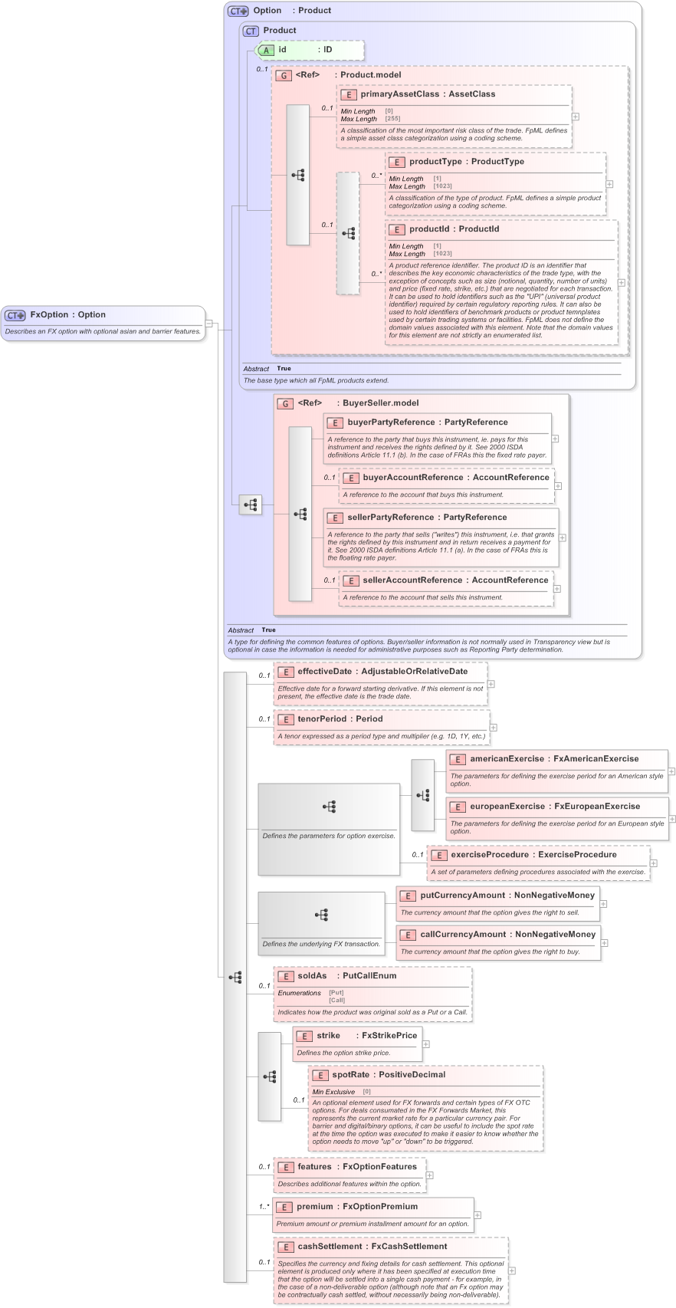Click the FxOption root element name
tap(50, 314)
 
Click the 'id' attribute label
tap(282, 50)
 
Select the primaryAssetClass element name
tap(400, 94)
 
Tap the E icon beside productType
tap(396, 163)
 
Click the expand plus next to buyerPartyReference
tap(555, 439)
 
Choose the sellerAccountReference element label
tap(414, 580)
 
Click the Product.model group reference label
tap(370, 75)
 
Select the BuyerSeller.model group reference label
tap(380, 403)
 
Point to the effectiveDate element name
tap(324, 672)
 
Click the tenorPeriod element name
tap(322, 719)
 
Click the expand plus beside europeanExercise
tap(671, 819)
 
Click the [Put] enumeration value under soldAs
tap(336, 993)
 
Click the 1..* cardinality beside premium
tap(263, 1207)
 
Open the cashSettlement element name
tap(330, 1247)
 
